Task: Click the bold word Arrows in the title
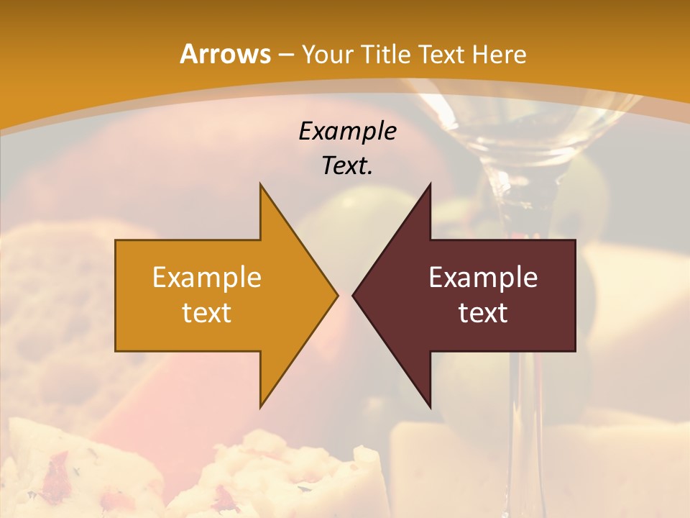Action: [224, 54]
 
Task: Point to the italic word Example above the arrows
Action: [347, 131]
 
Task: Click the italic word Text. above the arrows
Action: [347, 166]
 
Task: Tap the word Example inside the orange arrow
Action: [207, 278]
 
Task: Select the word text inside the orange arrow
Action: [207, 313]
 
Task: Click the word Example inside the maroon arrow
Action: [483, 278]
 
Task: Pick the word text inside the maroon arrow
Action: [483, 313]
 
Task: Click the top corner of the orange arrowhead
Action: [261, 185]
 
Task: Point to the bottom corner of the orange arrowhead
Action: [261, 406]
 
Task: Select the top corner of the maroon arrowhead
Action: [430, 185]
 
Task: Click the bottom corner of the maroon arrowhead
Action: [430, 406]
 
